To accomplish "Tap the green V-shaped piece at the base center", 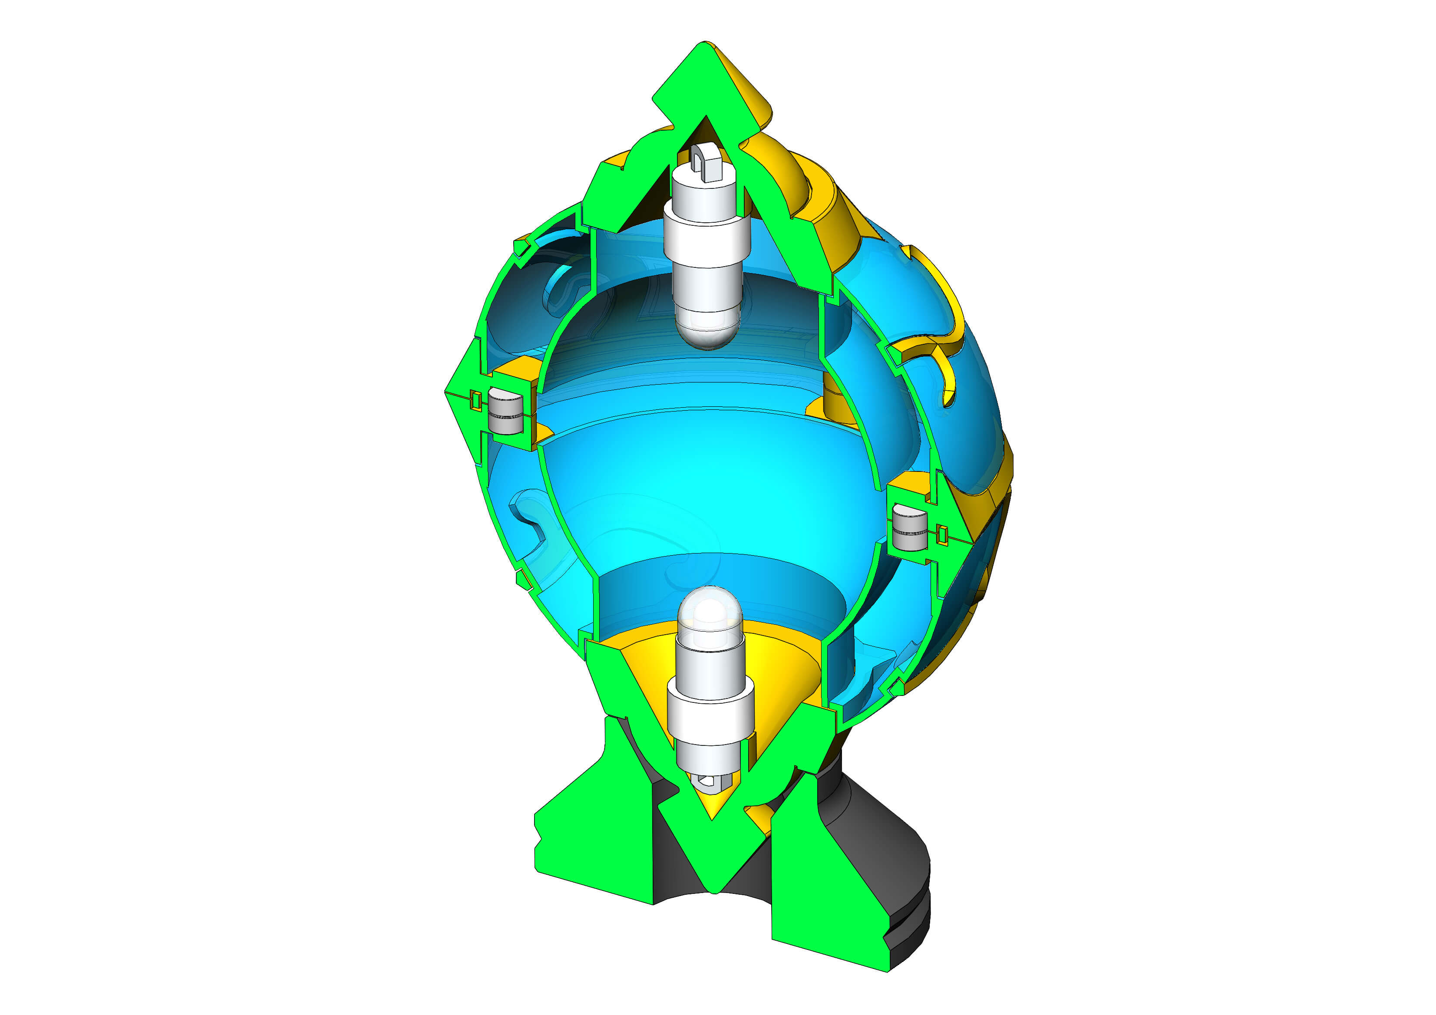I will click(713, 850).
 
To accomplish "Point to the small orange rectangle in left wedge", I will click(476, 400).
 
